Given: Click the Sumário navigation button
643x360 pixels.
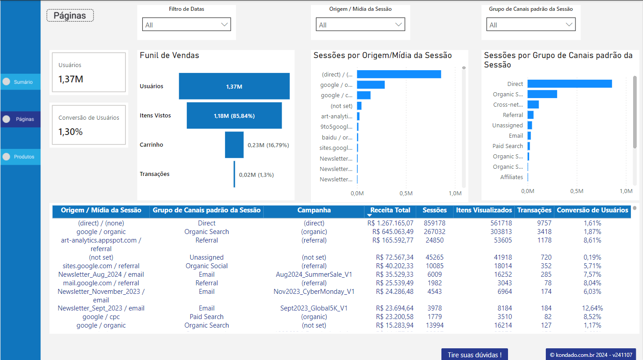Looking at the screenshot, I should pos(20,82).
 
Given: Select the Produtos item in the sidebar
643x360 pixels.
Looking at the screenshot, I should pos(20,157).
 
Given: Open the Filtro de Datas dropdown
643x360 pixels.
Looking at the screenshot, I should pos(186,25).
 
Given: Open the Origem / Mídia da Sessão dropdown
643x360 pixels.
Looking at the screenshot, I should pos(360,25).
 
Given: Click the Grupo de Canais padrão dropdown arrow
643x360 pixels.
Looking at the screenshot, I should pos(569,25).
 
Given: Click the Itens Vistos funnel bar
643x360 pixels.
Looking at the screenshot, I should pos(234,116).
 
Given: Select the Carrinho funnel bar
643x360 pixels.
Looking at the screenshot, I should pos(234,145).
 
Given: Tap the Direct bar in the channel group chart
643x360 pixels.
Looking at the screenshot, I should pos(569,84).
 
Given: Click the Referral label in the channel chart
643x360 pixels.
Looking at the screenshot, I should pos(513,115).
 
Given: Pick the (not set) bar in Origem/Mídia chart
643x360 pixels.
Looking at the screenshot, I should pos(359,106).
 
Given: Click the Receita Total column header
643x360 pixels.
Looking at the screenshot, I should pos(390,210).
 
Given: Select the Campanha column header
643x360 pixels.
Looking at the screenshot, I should pos(314,210).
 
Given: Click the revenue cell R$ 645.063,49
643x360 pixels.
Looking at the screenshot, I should pos(393,232).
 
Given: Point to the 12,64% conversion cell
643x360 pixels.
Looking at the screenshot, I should pos(592,309).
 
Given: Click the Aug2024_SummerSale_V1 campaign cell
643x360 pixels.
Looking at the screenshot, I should pos(314,274).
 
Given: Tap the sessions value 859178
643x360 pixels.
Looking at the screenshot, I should pos(434,223).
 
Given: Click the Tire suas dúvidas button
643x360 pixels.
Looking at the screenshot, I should pos(474,355).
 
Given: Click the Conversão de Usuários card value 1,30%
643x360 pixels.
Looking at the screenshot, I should pos(71,132).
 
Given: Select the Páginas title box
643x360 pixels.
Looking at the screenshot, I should pos(70,15).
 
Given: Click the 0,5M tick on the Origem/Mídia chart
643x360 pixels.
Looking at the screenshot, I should pos(405,193).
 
